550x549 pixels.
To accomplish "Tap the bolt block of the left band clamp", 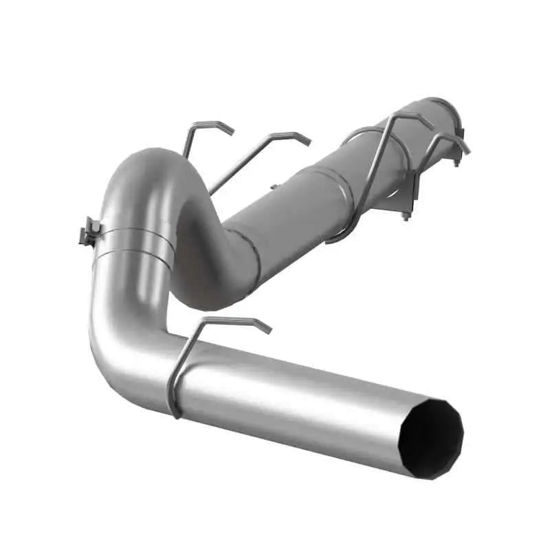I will point(89,232).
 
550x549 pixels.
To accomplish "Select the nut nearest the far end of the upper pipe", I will point(456,163).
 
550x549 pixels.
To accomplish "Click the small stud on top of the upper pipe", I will point(274,186).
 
